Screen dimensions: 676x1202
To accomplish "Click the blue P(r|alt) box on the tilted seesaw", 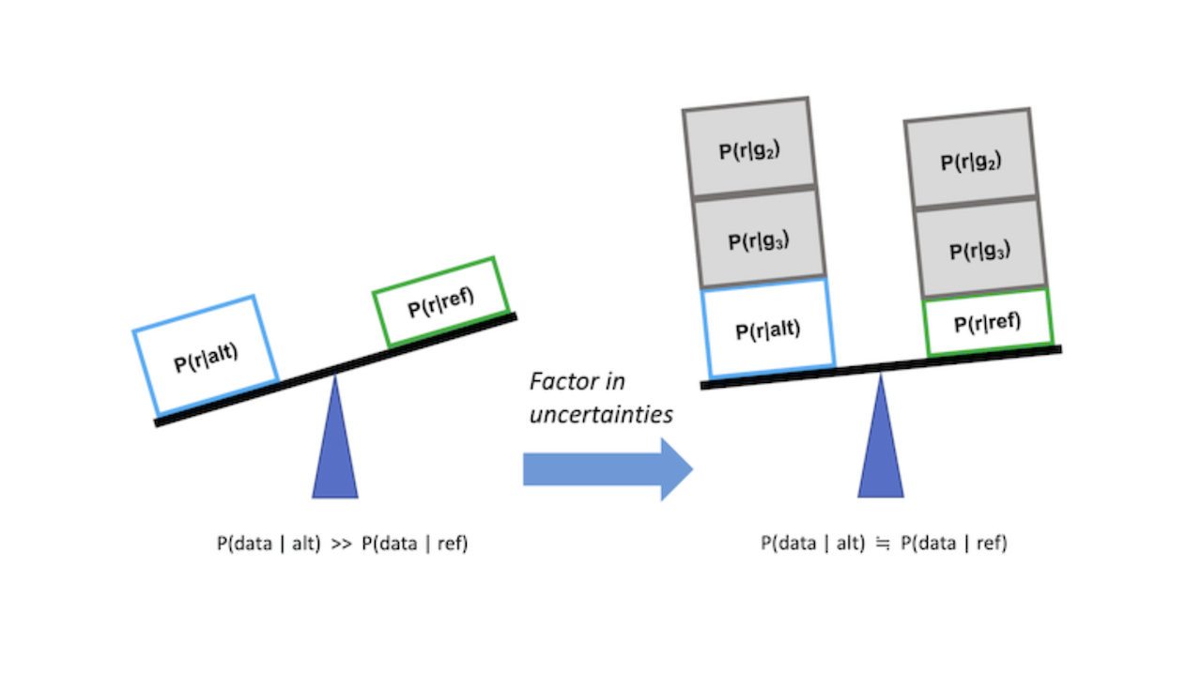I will point(206,355).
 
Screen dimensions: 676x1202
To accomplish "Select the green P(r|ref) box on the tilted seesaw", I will point(440,301).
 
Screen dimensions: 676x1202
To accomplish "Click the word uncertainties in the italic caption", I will point(601,414).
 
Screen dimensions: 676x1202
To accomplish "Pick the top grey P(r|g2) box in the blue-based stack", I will point(748,148).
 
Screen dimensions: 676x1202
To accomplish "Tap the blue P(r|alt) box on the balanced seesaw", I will point(767,328).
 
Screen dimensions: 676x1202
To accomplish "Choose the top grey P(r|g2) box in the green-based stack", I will point(970,161).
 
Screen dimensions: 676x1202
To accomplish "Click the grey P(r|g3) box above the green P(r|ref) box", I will point(979,250).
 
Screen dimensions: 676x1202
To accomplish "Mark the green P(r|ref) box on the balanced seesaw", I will point(987,322).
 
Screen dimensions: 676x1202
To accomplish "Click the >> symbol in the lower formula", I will point(341,544).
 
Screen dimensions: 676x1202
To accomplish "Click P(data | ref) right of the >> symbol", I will point(414,544).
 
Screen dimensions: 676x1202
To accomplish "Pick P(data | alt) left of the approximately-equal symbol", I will point(812,544).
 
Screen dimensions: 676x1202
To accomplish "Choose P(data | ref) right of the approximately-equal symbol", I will point(953,544).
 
